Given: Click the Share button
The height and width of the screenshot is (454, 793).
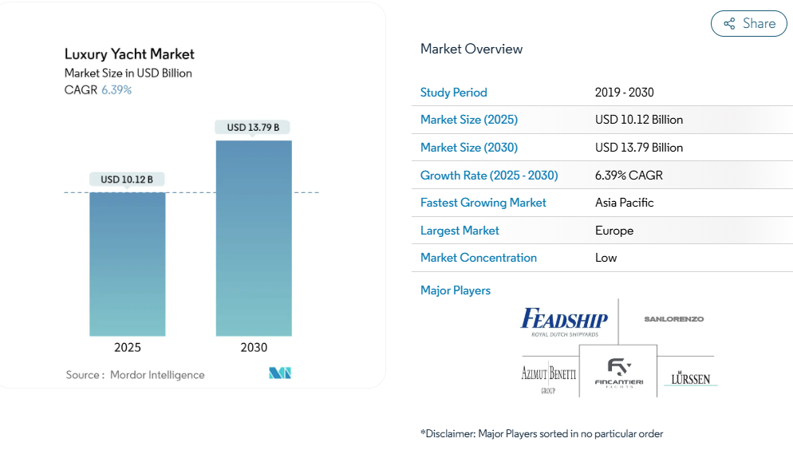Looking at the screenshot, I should [x=748, y=24].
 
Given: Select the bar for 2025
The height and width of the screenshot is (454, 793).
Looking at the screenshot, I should [x=128, y=263].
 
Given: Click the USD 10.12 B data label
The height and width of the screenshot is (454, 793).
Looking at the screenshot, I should [x=127, y=180].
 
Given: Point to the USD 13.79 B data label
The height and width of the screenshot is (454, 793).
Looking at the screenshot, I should [x=253, y=128].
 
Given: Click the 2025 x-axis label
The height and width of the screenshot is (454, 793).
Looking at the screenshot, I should [x=128, y=348].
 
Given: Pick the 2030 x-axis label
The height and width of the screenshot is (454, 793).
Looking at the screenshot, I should [x=254, y=348].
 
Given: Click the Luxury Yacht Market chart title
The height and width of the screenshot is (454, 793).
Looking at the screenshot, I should [x=129, y=54].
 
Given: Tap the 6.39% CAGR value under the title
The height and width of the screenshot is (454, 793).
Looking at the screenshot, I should [x=116, y=90].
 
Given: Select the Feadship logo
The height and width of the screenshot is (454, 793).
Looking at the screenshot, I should [x=564, y=322].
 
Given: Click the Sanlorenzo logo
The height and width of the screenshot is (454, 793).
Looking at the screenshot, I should [x=674, y=319].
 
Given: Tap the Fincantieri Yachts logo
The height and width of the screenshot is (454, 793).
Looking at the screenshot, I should [x=618, y=375].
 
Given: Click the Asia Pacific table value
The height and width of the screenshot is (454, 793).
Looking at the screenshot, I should [x=625, y=203].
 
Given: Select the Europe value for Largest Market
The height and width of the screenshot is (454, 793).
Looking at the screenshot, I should [x=614, y=231].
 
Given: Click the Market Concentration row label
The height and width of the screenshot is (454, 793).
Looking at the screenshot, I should [x=479, y=258].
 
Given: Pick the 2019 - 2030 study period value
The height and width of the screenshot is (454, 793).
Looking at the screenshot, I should [x=625, y=93].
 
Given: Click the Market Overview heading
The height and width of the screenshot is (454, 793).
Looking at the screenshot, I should [x=471, y=49].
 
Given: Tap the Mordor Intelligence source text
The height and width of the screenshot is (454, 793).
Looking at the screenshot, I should [x=157, y=375].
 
